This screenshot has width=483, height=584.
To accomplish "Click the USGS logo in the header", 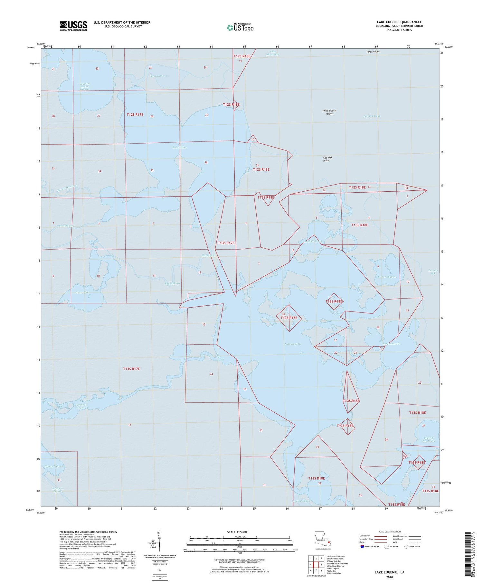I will click(x=73, y=26).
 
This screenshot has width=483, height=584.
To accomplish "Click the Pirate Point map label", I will click(x=373, y=52).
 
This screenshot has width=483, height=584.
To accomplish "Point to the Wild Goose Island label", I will click(x=329, y=112).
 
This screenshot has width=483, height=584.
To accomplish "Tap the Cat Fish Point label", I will click(x=327, y=159).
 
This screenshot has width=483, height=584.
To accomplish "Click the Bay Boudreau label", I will click(x=372, y=116).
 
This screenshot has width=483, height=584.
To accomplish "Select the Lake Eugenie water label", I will click(x=293, y=344).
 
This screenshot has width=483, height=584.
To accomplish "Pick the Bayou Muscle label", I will click(x=391, y=343).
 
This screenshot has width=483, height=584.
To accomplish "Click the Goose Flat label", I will click(x=83, y=292).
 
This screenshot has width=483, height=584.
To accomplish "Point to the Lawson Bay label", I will click(x=433, y=272).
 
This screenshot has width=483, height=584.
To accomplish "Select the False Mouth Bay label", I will click(x=273, y=53).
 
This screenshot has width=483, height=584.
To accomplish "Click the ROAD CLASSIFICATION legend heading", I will click(x=390, y=531).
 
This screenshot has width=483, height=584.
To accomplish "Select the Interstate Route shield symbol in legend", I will click(x=362, y=547).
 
